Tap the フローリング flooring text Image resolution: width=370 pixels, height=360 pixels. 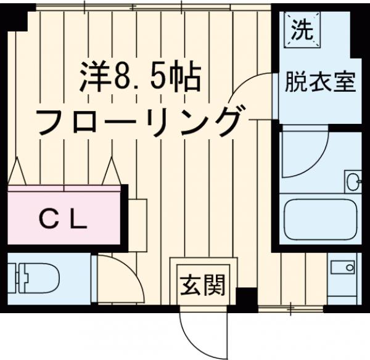138,121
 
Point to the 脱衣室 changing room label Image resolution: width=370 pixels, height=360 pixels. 320,82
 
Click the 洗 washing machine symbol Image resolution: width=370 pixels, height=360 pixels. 302,30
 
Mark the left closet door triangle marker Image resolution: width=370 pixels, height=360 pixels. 17,170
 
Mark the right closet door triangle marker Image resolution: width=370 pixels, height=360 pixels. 112,170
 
